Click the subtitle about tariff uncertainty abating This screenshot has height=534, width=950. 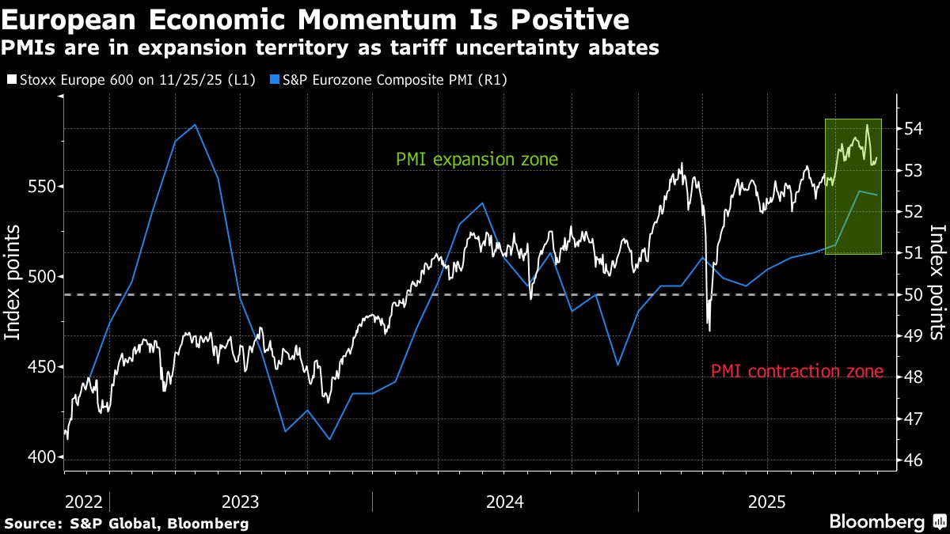[331, 47]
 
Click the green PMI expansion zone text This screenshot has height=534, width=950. [477, 160]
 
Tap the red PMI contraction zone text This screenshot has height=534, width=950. [796, 371]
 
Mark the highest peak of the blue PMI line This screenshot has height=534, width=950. [195, 125]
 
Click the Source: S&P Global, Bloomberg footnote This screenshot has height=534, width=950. [127, 523]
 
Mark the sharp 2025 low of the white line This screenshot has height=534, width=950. [709, 330]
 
